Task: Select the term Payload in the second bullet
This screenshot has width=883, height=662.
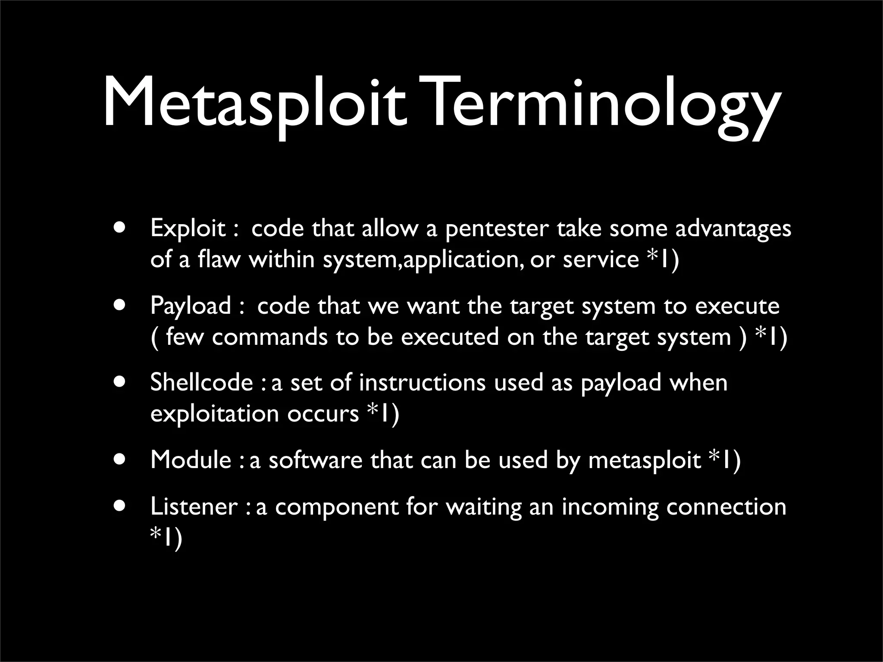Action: click(191, 306)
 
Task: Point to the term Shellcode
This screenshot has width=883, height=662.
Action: click(201, 382)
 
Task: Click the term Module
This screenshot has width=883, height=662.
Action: click(191, 459)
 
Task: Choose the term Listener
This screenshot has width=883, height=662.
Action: click(194, 506)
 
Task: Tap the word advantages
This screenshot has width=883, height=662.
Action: click(733, 228)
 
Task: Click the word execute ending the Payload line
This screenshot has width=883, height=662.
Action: click(737, 306)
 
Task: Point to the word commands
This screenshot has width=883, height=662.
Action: click(269, 337)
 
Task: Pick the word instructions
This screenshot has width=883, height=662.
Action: click(422, 382)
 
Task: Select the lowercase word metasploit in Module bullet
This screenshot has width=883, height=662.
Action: click(645, 460)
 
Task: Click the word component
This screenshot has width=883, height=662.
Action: click(336, 507)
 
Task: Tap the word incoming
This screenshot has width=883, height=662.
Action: click(610, 507)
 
